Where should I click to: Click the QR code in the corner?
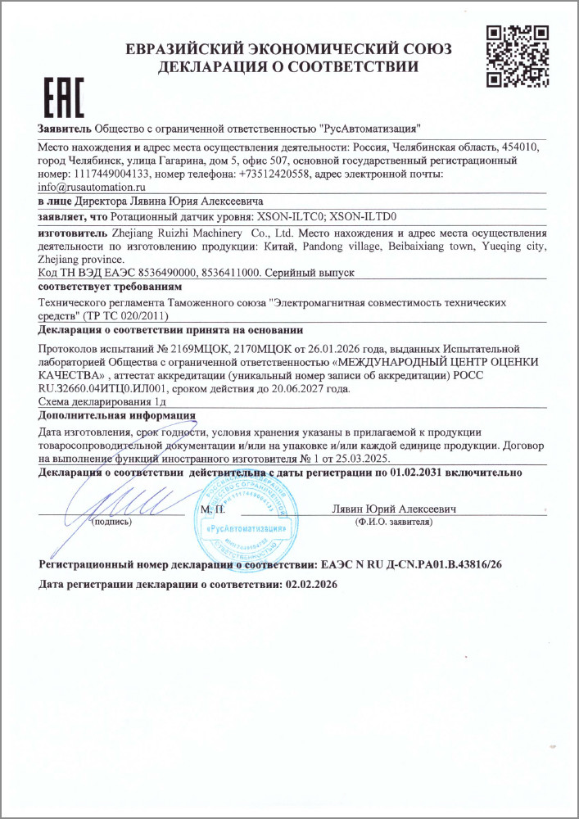517,56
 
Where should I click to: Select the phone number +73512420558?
274,174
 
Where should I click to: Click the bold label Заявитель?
65,129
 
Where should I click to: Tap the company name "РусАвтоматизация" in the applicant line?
370,129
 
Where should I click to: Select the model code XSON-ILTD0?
363,217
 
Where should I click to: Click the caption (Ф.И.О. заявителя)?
392,521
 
